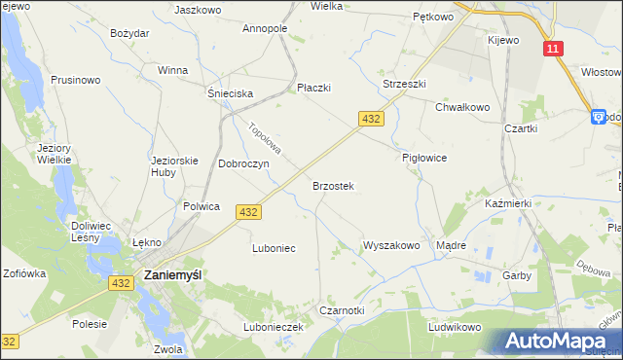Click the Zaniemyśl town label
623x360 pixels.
coord(172,275)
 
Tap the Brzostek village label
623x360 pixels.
coord(332,186)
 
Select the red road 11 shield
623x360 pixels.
coord(553,49)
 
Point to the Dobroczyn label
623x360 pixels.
coord(243,164)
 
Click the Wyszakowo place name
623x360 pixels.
coord(391,246)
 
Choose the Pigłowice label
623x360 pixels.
coord(423,158)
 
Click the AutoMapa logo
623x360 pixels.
coord(559,342)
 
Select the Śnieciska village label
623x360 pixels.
coord(230,93)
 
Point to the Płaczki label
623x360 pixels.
coord(313,88)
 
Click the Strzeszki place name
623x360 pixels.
coord(404,85)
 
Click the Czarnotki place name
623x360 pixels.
coord(342,310)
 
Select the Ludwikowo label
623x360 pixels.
coord(455,327)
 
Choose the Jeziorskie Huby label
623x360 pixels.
coord(175,166)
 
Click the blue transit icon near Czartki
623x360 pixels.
coord(598,117)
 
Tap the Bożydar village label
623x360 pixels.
coord(129,33)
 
